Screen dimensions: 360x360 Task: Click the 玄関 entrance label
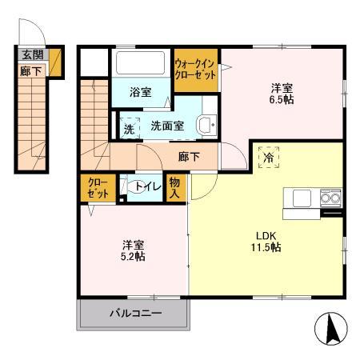click(33, 55)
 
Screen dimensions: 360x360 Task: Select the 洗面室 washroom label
click(167, 126)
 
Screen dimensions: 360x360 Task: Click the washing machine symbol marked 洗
click(128, 126)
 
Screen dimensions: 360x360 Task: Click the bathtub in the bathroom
click(140, 64)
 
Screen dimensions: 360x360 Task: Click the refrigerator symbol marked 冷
click(267, 157)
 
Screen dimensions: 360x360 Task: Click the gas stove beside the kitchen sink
click(330, 197)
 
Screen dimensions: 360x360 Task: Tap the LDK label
click(266, 235)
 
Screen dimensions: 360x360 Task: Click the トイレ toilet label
click(148, 187)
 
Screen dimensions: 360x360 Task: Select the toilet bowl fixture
click(130, 188)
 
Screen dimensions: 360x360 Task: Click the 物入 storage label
click(176, 188)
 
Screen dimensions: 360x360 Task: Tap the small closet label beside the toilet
click(97, 188)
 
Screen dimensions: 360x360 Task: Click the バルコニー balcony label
click(134, 313)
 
